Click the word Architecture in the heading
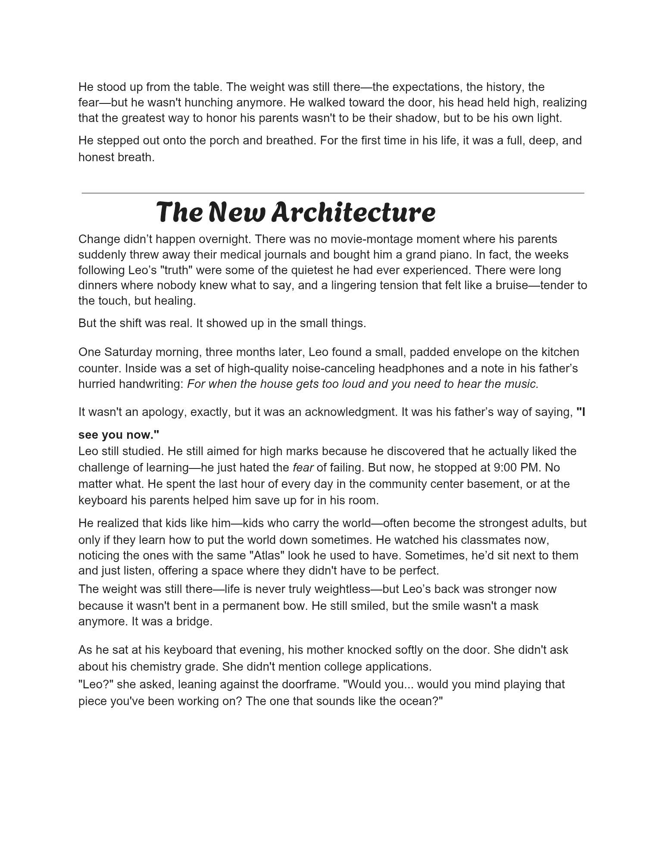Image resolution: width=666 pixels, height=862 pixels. (353, 212)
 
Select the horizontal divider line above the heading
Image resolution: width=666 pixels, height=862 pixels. (333, 193)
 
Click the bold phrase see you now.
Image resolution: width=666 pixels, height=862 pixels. (119, 434)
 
